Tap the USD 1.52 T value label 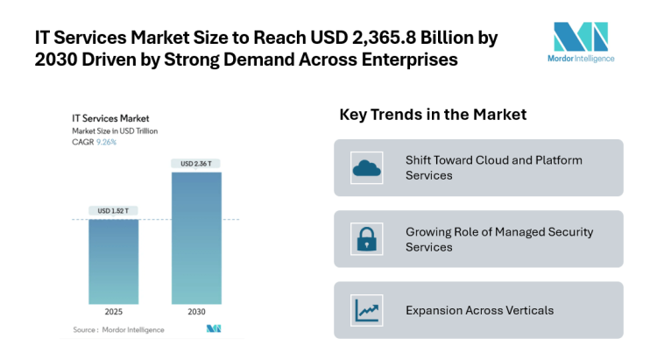(113, 210)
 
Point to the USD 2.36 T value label (195, 164)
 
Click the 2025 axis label (113, 312)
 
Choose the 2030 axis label (195, 312)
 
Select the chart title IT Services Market (109, 117)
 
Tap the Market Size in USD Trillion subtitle (115, 129)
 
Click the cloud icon (364, 167)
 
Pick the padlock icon (364, 239)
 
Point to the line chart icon (364, 310)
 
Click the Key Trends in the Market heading (432, 115)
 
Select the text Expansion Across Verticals (478, 310)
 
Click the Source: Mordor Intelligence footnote (112, 329)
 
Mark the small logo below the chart (213, 329)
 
